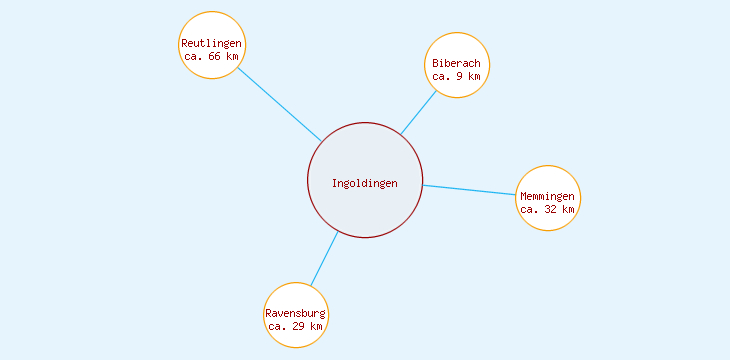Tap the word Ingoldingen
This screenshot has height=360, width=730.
pos(365,183)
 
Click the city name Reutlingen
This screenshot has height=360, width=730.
pos(212,43)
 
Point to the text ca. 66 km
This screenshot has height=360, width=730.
pos(212,56)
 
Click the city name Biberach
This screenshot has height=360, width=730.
pos(457,63)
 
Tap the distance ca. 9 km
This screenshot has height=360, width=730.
pos(457,76)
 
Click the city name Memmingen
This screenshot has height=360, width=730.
pos(548,196)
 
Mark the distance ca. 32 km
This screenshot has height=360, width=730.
pos(548,209)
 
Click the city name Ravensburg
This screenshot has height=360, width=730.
pos(296,313)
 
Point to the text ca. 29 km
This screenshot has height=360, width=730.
pos(296,326)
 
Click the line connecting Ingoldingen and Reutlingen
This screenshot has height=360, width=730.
pos(280,105)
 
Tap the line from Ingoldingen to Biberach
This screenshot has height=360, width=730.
pos(418,113)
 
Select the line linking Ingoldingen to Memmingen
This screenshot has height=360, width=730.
pos(469,190)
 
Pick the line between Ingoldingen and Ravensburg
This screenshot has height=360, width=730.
pos(324,259)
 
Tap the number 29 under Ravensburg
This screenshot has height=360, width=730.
pos(299,326)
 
